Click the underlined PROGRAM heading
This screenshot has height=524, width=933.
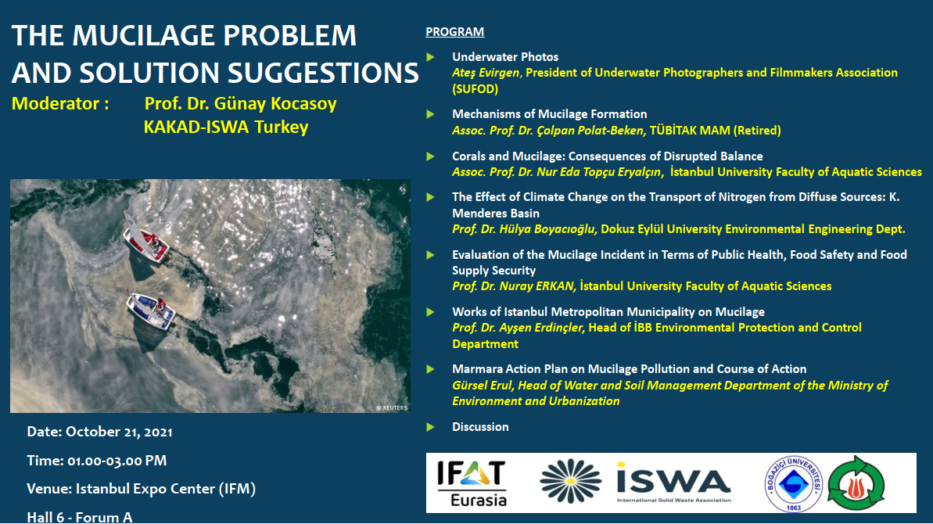[454, 31]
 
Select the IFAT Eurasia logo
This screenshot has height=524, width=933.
[472, 483]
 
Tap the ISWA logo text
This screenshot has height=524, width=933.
[673, 481]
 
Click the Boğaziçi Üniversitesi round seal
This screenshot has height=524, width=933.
[793, 483]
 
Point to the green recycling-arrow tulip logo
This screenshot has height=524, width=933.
[856, 483]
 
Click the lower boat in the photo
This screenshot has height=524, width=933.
[150, 310]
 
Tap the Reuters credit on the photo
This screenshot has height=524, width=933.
[392, 408]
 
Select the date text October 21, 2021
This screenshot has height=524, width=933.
[119, 432]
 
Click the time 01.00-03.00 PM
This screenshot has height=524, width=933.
[117, 461]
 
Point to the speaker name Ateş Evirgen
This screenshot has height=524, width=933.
[486, 73]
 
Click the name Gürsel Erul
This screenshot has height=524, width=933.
[482, 386]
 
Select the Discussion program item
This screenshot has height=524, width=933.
[480, 426]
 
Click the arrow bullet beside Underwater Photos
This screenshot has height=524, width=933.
[431, 57]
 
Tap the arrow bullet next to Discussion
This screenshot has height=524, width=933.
[431, 427]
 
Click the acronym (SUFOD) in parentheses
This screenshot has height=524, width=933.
[475, 89]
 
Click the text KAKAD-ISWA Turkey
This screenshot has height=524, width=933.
[226, 127]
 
